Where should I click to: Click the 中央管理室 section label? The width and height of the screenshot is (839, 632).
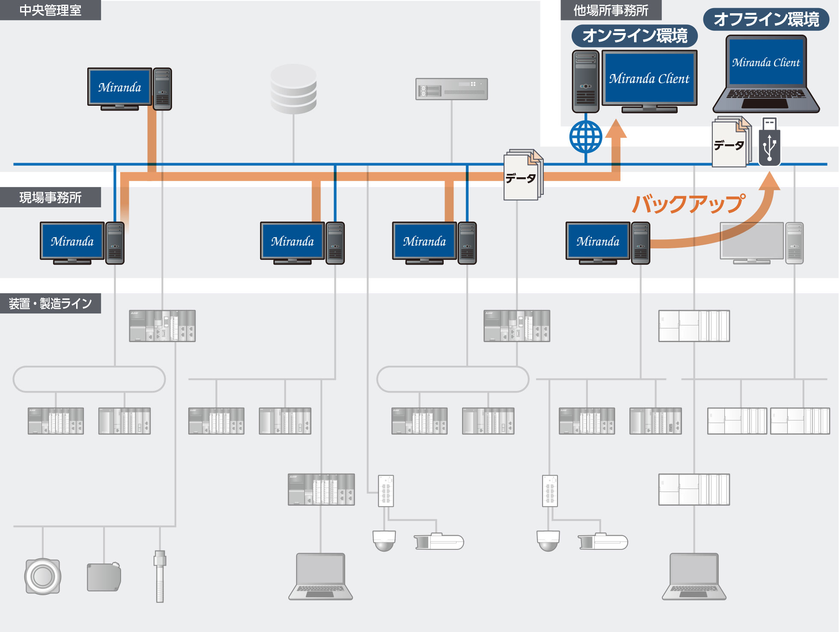tap(50, 10)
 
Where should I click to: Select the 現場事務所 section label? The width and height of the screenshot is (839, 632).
tap(50, 197)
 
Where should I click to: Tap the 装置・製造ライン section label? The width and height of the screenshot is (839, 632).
tap(50, 304)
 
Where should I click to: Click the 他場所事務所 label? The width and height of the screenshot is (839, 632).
tap(611, 10)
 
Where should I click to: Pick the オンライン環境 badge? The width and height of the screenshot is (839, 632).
tap(634, 36)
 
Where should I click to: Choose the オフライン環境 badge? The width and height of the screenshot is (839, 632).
tap(766, 19)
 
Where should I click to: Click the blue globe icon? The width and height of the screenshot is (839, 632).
tap(586, 137)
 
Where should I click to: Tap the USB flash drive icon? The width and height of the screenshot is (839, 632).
tap(769, 142)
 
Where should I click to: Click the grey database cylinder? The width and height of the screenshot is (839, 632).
tap(294, 89)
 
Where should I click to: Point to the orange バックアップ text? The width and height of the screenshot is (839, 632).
tap(688, 204)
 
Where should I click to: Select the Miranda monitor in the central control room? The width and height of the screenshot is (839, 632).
tap(119, 87)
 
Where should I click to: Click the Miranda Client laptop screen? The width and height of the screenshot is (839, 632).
tap(766, 62)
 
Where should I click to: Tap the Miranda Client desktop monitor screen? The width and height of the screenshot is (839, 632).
tap(649, 78)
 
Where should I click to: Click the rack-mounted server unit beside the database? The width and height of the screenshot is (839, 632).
tap(451, 89)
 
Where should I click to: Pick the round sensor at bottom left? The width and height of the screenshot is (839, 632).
tap(42, 576)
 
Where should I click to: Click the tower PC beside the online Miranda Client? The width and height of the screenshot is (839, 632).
tap(585, 81)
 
